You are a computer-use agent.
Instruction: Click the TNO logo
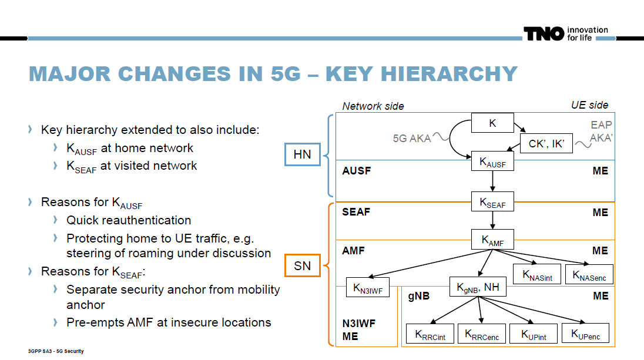click(544, 34)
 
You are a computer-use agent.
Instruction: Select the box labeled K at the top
click(492, 123)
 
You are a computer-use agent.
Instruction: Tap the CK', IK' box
click(546, 143)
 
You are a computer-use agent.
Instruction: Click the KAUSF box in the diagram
click(492, 162)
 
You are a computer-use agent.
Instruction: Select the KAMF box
click(492, 239)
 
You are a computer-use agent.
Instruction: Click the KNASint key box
click(536, 274)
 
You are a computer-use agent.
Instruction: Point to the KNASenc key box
click(588, 274)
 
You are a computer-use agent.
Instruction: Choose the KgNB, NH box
click(478, 287)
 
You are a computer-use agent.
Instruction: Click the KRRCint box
click(430, 334)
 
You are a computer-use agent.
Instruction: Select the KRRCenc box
click(482, 334)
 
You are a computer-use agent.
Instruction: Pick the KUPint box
click(533, 334)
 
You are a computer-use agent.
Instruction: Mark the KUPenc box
click(585, 334)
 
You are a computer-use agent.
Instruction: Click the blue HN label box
click(303, 155)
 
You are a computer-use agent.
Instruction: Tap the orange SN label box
click(303, 266)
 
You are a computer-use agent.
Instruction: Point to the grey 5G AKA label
click(412, 139)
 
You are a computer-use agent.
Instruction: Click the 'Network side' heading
click(373, 106)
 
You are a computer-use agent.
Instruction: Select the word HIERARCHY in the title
click(421, 73)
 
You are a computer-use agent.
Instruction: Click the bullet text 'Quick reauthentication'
click(129, 220)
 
